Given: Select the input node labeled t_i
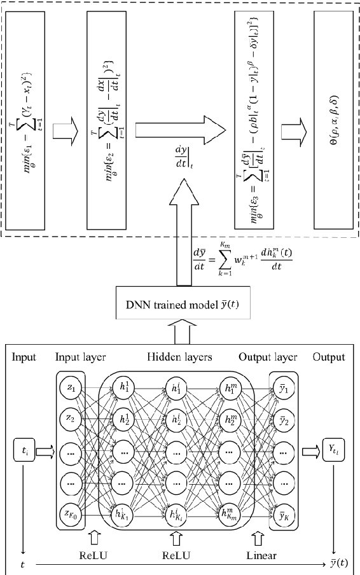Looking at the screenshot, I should (21, 452).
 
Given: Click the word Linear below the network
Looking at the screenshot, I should (261, 555).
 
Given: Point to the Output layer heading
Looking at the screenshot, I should (267, 357).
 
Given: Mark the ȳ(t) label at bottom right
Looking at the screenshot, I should (338, 562).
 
